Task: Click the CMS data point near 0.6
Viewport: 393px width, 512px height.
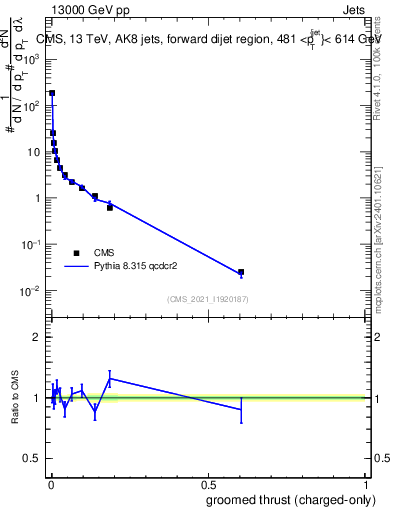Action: point(241,272)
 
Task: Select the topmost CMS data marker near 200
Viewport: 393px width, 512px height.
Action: point(52,93)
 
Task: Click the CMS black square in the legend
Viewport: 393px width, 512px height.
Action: point(76,253)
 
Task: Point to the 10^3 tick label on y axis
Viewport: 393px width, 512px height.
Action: point(31,58)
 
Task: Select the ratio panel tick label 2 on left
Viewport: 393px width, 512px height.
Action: point(36,337)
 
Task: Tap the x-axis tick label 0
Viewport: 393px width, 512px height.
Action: point(50,485)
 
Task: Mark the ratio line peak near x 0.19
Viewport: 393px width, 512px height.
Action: point(110,378)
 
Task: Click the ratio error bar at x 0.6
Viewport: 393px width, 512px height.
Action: point(241,409)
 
